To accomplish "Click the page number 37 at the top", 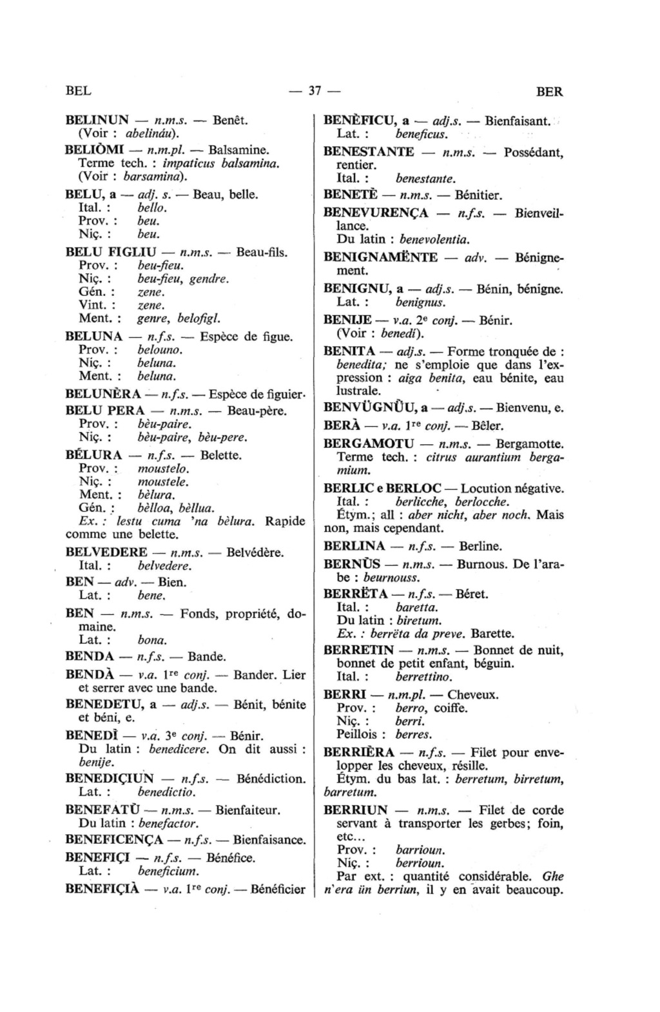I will [x=315, y=91].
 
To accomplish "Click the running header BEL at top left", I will [x=78, y=91].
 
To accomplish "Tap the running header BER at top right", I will [x=549, y=92].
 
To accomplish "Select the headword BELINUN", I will [x=97, y=120].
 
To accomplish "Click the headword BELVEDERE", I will [x=106, y=552].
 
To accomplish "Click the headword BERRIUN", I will [x=356, y=810].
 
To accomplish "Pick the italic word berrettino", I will [x=423, y=677].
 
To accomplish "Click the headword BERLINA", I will [x=354, y=546].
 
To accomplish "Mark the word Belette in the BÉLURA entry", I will [x=221, y=455].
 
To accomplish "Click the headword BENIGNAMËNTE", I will [x=380, y=257].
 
